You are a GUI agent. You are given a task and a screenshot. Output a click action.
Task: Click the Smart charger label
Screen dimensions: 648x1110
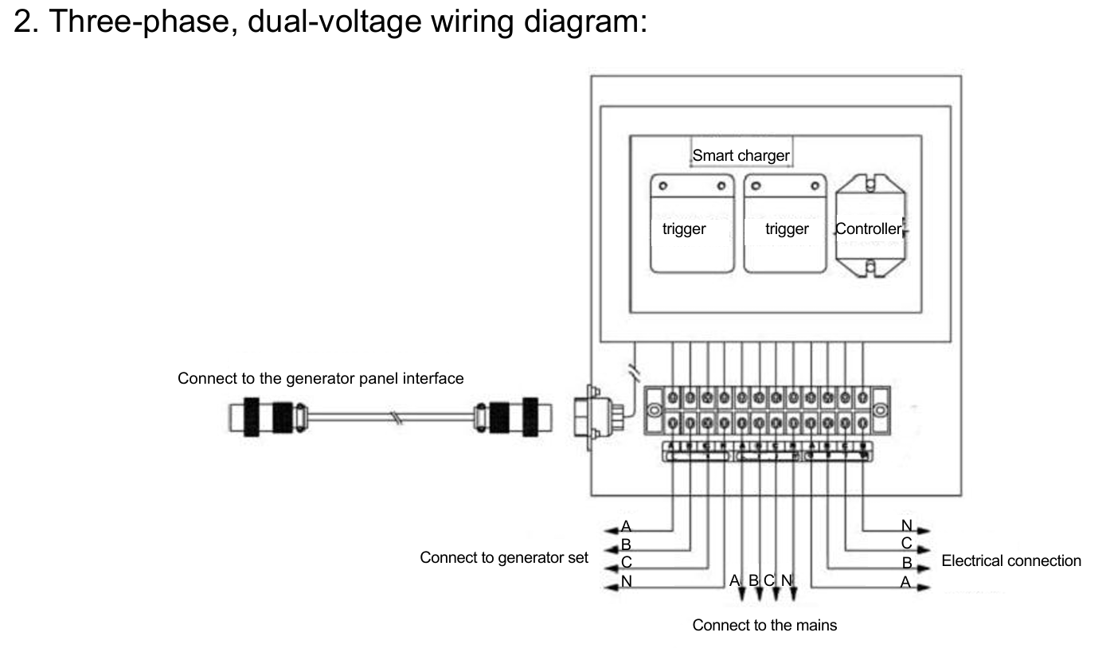[741, 155]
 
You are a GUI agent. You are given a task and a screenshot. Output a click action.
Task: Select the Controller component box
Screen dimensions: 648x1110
[871, 228]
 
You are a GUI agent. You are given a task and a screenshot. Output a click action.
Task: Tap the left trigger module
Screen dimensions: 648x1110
[691, 224]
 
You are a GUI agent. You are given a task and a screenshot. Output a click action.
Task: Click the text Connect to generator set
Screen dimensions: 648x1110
[504, 557]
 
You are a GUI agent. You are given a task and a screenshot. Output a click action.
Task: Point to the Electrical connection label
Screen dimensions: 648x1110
[1011, 560]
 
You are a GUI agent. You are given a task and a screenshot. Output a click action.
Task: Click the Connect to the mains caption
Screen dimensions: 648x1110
[764, 625]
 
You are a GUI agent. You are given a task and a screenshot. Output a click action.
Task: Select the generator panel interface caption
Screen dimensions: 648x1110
[320, 378]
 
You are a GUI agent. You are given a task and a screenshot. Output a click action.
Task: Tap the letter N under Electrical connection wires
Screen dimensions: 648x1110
[906, 525]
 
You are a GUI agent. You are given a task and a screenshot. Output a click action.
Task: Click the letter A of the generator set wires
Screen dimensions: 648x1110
[626, 526]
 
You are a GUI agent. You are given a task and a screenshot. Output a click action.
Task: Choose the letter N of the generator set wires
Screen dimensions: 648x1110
[626, 581]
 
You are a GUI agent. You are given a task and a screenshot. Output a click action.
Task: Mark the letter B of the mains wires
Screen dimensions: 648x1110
[753, 581]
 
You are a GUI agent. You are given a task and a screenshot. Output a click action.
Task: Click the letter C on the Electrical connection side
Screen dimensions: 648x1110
[906, 544]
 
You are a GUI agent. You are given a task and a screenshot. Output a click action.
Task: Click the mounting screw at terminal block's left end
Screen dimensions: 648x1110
[653, 412]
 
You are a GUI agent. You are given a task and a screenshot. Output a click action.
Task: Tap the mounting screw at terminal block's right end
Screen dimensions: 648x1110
[880, 412]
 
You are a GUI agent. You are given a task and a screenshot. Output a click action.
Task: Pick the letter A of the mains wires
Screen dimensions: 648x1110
[735, 581]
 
